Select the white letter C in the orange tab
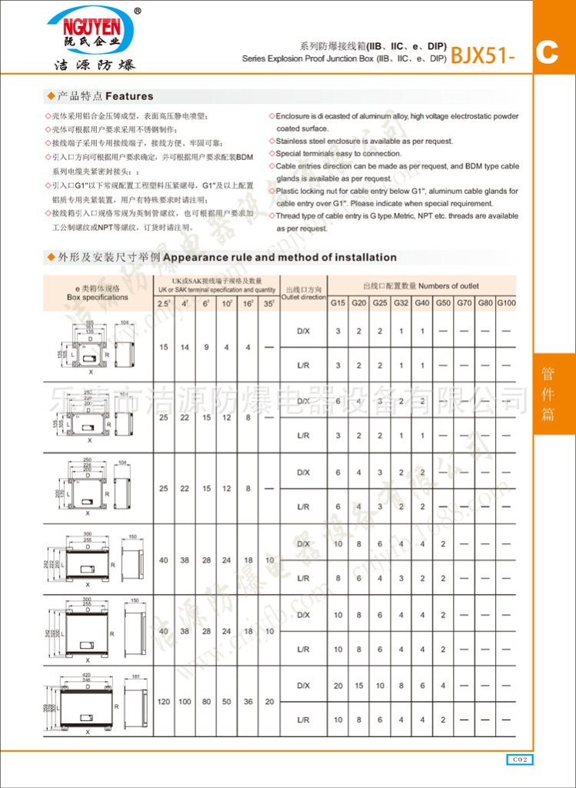[547, 52]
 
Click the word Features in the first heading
[129, 96]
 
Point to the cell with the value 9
[206, 347]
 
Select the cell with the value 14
[185, 347]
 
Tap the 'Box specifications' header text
[98, 296]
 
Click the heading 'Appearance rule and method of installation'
[280, 257]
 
